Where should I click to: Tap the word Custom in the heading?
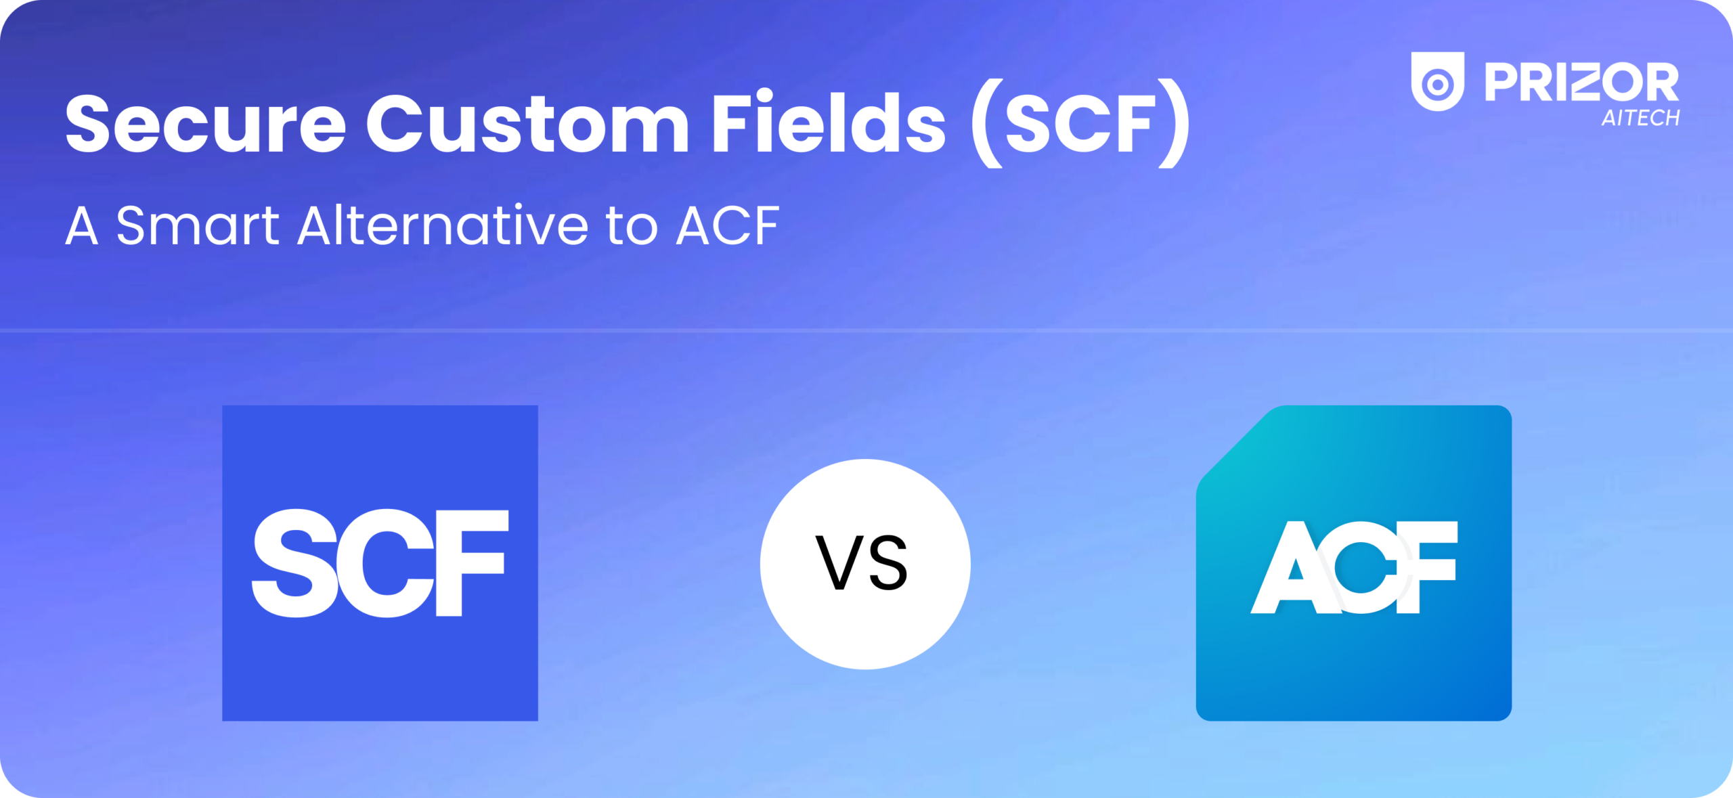(527, 125)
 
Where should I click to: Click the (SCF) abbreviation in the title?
(1080, 125)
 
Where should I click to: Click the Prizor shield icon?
(1437, 81)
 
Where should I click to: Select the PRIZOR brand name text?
(1581, 83)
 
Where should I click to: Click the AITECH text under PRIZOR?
(1640, 118)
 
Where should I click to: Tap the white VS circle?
(864, 564)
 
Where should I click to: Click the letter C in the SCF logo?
(389, 564)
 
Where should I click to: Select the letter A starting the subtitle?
(82, 227)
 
